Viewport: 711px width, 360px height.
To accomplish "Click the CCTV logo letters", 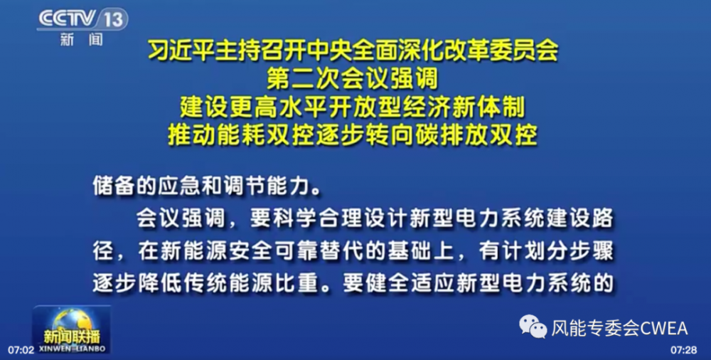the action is [67, 19].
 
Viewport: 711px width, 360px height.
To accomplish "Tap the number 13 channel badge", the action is [112, 19].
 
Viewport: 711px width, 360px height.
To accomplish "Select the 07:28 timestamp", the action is [684, 351].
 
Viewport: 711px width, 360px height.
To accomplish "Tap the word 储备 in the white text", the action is [113, 186].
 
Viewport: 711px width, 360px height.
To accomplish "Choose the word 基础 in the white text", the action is [409, 251].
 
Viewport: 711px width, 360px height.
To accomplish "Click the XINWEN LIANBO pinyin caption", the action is [73, 349].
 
